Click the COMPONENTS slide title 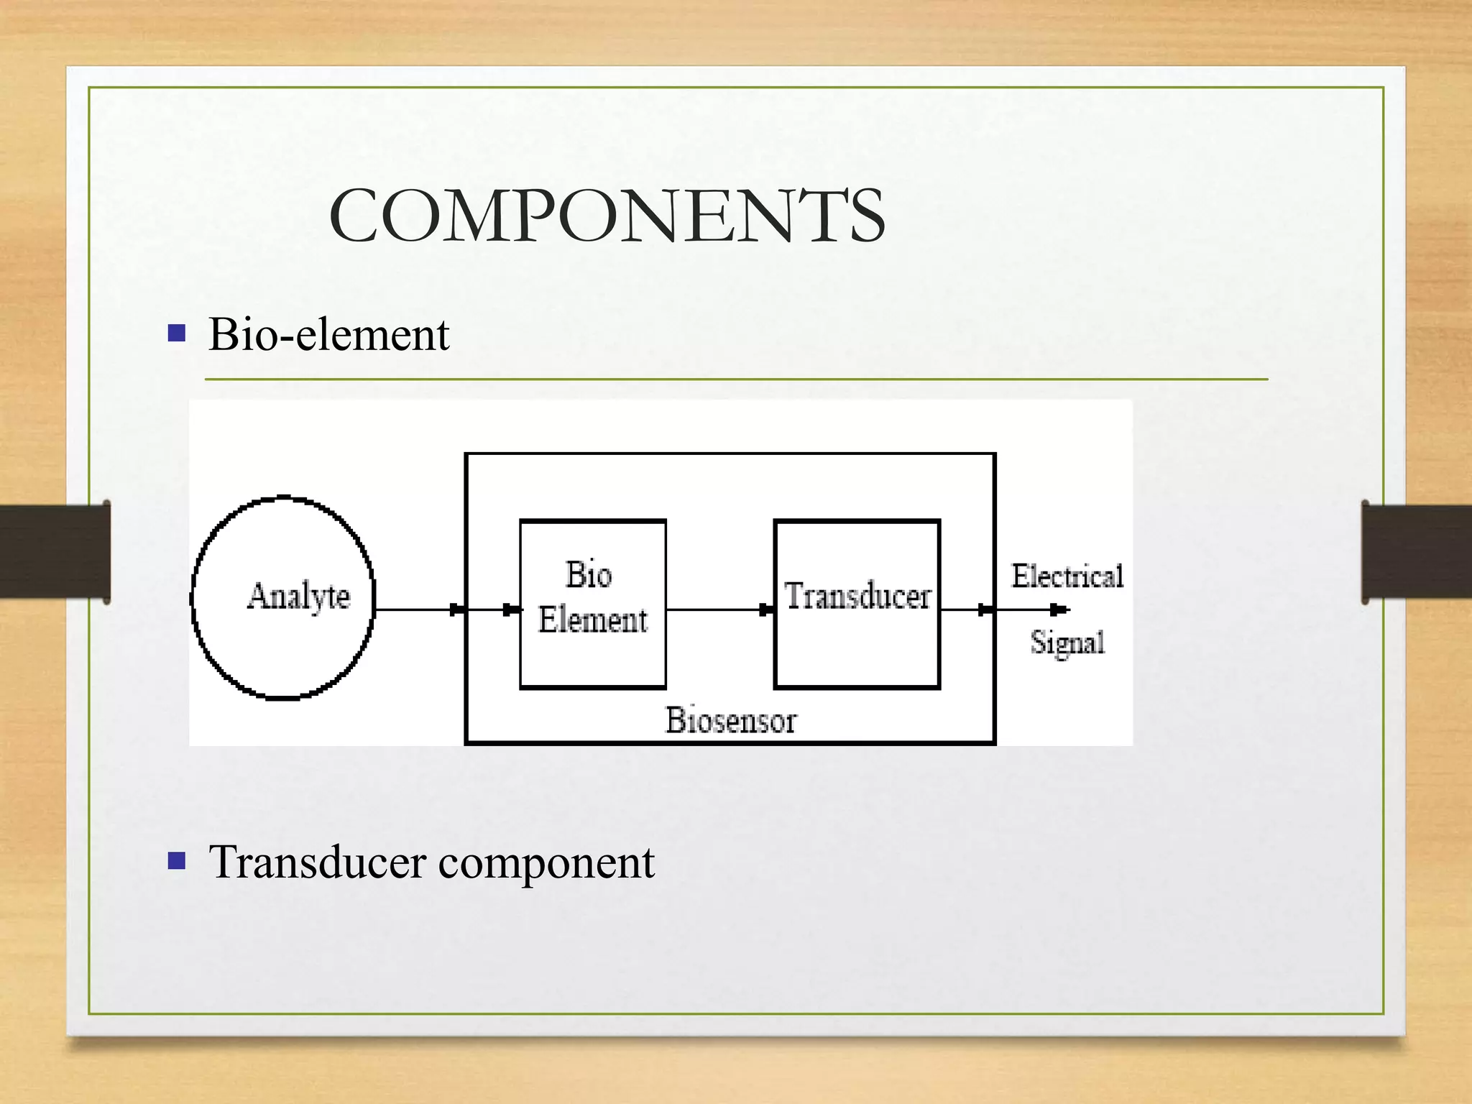[x=607, y=216]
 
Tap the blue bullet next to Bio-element [x=177, y=333]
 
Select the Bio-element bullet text [x=328, y=335]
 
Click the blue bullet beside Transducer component [x=177, y=860]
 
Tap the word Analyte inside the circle [x=298, y=597]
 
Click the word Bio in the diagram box [x=589, y=575]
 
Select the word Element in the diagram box [x=593, y=620]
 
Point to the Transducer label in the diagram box [x=857, y=597]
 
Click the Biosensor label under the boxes [x=731, y=720]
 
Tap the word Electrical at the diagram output [x=1067, y=576]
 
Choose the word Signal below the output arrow [x=1067, y=643]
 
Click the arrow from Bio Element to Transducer [x=719, y=609]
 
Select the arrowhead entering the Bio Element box [x=512, y=609]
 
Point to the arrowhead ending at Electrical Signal [x=1059, y=609]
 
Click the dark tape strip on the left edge [x=55, y=551]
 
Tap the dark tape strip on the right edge [x=1416, y=551]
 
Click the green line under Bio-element [x=736, y=379]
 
